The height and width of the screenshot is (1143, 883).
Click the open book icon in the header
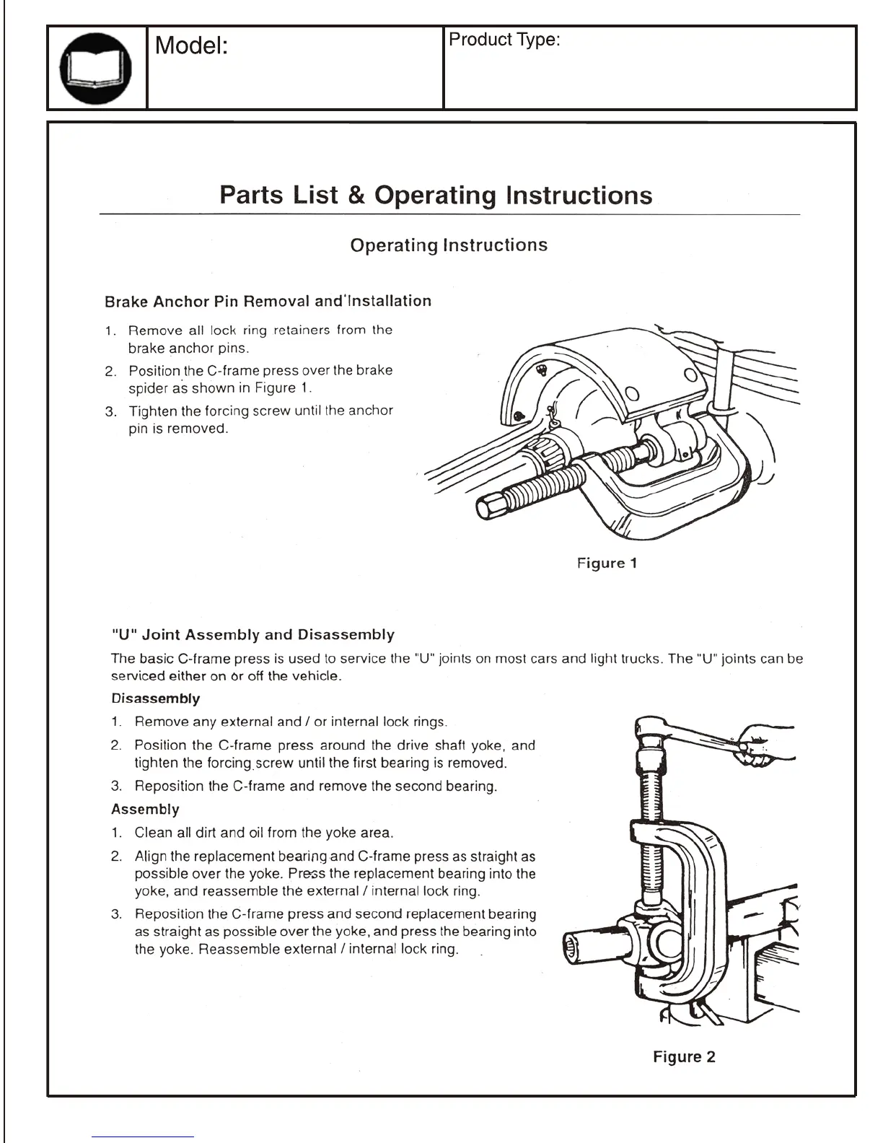tap(97, 68)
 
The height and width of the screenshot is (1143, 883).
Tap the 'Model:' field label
tap(192, 46)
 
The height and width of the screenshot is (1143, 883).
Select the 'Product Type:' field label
tap(504, 40)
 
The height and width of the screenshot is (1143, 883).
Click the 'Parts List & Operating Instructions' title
tap(436, 196)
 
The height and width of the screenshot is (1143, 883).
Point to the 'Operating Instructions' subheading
tap(449, 245)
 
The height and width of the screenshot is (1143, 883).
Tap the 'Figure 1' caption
tap(607, 563)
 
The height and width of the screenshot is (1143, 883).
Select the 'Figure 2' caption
tap(684, 1056)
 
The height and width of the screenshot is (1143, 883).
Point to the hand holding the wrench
tap(766, 746)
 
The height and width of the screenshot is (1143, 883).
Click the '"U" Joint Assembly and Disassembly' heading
tap(253, 635)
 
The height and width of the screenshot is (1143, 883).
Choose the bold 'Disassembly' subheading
tap(155, 698)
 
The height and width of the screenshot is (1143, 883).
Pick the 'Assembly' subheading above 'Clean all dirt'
tap(145, 809)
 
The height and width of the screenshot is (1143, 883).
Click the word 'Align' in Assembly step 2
tap(151, 857)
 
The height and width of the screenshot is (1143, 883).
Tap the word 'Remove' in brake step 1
tap(155, 330)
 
